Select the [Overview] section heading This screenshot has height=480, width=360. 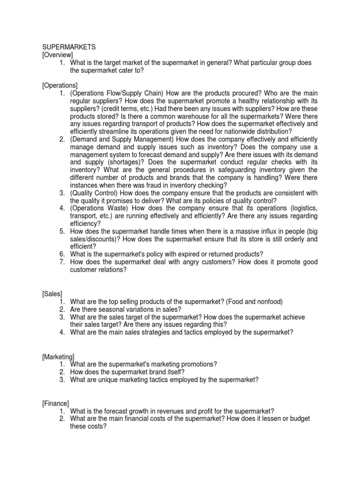58,55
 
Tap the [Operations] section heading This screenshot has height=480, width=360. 60,85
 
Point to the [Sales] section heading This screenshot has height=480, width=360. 52,293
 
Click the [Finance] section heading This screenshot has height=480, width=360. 55,403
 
